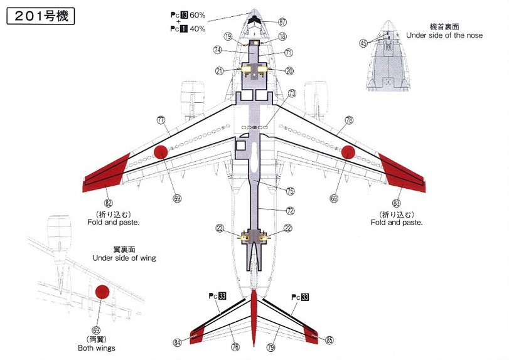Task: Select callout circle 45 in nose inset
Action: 363,43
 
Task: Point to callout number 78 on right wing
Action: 349,120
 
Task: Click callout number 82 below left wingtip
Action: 109,202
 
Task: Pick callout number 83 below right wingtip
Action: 396,203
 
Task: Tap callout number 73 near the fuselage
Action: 292,93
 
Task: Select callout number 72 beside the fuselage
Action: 290,211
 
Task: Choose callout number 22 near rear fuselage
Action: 288,228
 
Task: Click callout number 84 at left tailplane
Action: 178,342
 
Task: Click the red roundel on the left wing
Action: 160,152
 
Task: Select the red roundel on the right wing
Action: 349,152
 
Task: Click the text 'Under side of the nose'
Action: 444,36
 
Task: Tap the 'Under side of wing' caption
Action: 124,258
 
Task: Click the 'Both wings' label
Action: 97,348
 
